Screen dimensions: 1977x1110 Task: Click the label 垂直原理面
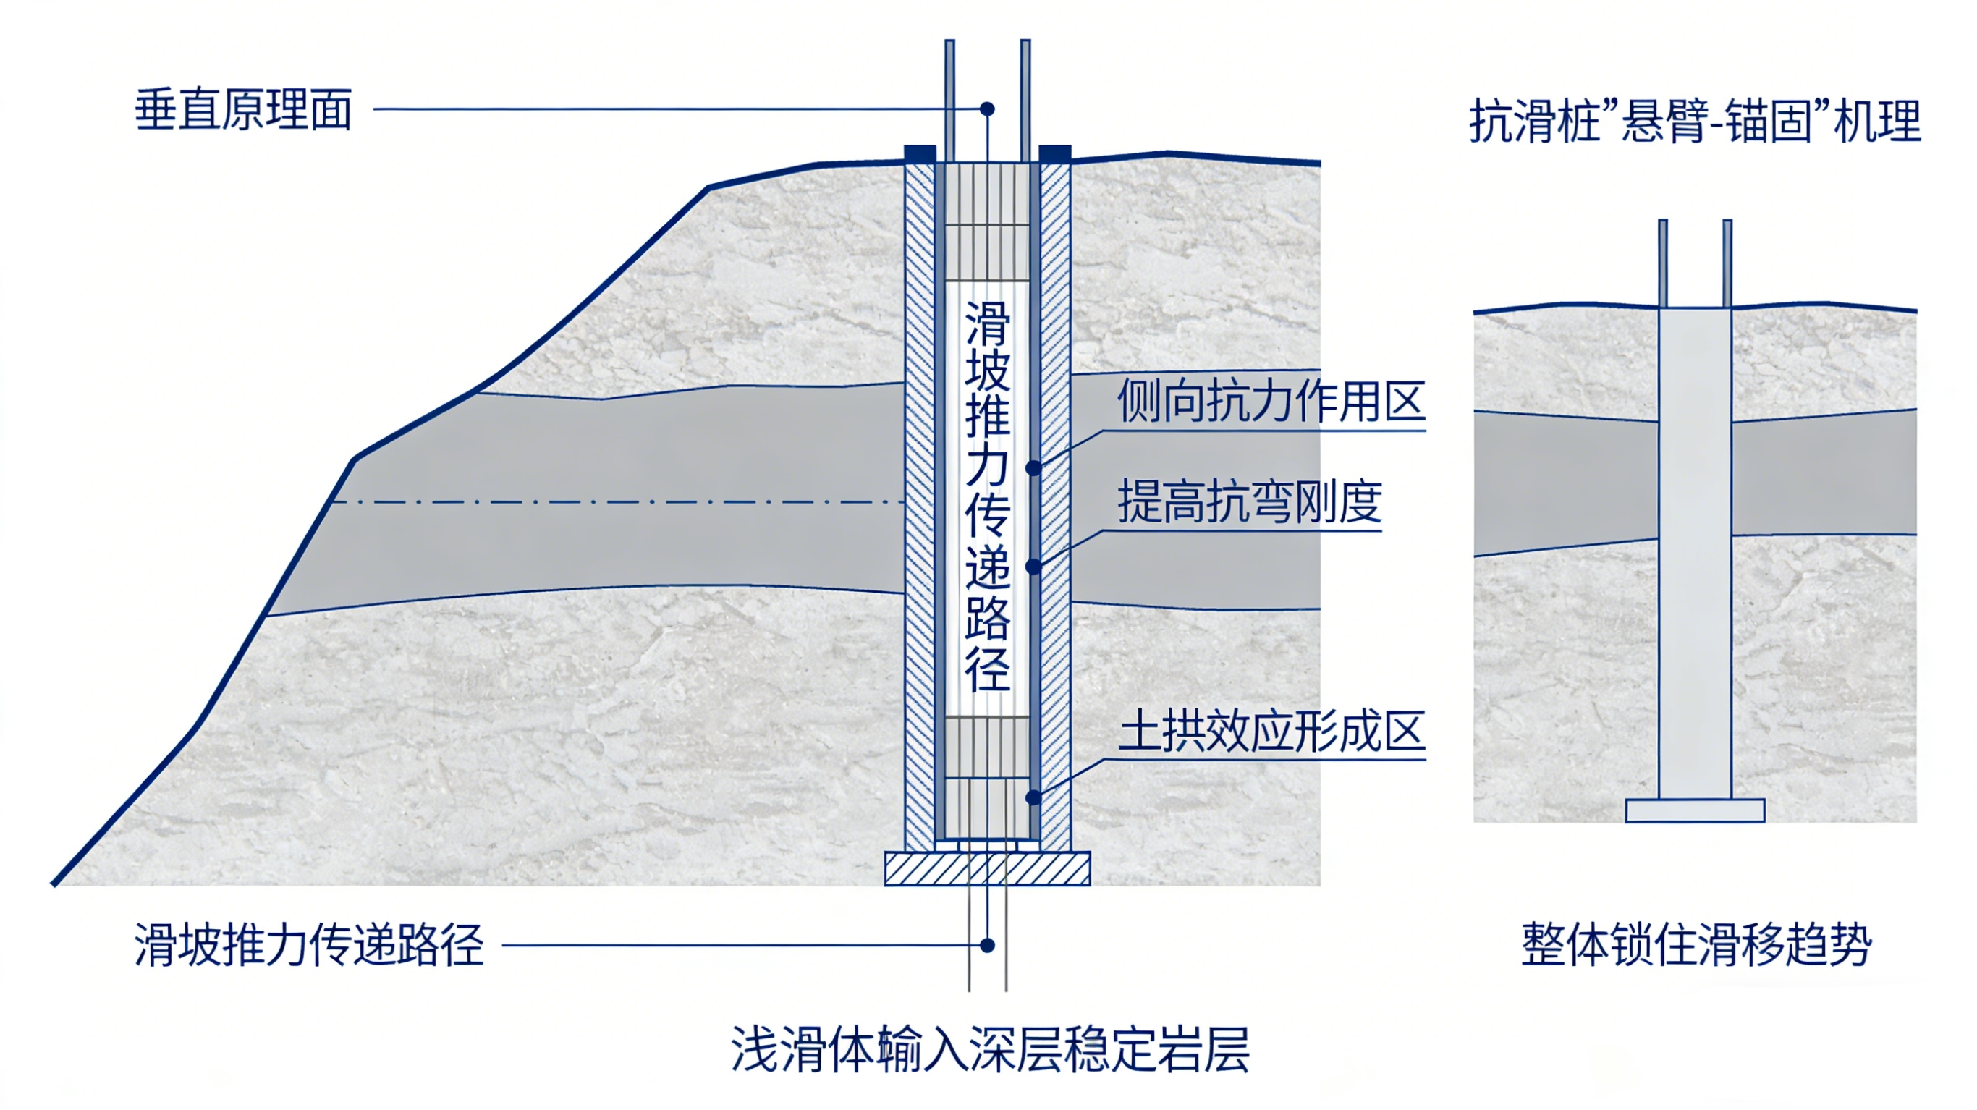[x=243, y=110]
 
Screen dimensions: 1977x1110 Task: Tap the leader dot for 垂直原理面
[x=988, y=109]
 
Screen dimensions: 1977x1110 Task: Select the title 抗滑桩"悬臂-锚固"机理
[x=1696, y=122]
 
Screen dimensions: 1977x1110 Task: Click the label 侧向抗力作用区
[x=1271, y=401]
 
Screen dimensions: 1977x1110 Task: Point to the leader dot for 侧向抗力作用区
[x=1034, y=467]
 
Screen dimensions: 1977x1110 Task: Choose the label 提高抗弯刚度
[x=1250, y=502]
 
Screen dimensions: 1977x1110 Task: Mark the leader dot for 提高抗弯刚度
[x=1034, y=567]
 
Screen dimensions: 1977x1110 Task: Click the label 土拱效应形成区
[x=1271, y=731]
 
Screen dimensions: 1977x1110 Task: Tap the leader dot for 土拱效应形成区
[x=1034, y=797]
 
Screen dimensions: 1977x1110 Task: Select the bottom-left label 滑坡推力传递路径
[x=309, y=944]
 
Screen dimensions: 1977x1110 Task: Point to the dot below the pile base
[x=988, y=945]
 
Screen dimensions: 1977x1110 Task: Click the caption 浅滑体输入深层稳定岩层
[x=990, y=1048]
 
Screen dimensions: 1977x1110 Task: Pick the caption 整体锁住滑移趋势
[x=1697, y=944]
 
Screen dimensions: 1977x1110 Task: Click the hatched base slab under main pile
[x=988, y=868]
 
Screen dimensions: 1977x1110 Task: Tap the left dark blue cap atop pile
[x=920, y=153]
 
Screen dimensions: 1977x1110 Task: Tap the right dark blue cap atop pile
[x=1055, y=153]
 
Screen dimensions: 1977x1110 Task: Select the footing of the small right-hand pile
[x=1696, y=810]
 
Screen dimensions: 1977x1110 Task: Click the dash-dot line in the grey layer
[x=618, y=503]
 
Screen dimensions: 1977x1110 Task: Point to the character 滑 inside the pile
[x=988, y=323]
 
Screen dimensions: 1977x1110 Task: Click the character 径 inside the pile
[x=988, y=669]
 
